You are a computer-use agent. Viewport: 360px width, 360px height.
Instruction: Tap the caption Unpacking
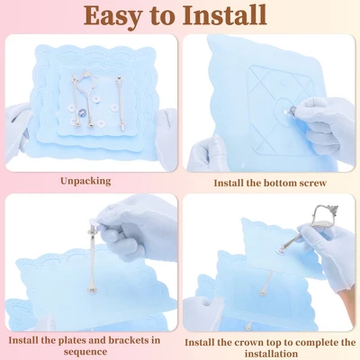[x=85, y=181]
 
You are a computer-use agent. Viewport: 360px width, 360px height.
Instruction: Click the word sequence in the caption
[x=85, y=352]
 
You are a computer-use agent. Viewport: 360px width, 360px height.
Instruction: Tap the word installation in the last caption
[x=271, y=354]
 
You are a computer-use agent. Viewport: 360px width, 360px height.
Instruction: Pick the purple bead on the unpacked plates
[x=82, y=113]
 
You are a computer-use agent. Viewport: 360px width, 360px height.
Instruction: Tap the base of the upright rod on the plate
[x=93, y=290]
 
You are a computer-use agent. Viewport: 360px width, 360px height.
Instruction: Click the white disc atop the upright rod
[x=93, y=222]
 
